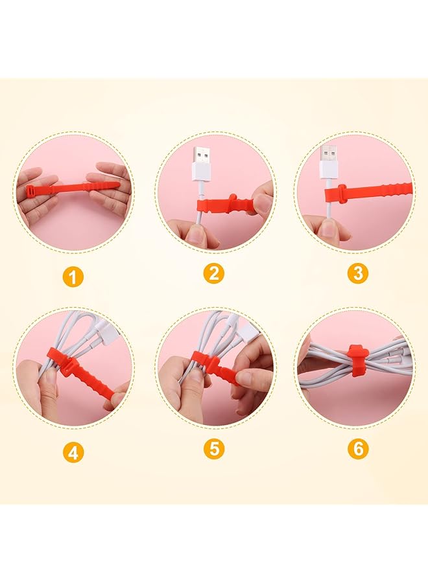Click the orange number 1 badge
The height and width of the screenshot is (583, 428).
(74, 277)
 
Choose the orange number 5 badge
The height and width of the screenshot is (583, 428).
(215, 449)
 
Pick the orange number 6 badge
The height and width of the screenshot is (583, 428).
(357, 449)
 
